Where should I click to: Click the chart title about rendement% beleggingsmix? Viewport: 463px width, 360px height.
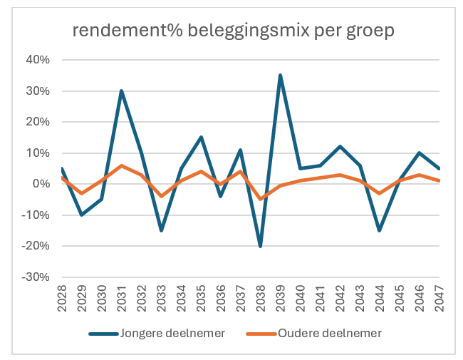pos(232,31)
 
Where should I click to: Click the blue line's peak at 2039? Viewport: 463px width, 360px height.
pos(281,75)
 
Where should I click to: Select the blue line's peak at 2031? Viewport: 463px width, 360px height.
pos(122,91)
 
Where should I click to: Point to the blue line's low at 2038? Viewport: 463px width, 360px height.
pos(261,246)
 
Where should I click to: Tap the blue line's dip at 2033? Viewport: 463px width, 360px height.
pos(162,230)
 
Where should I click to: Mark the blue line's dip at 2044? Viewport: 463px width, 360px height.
pos(380,230)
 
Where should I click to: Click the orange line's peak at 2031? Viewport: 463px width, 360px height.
pos(122,165)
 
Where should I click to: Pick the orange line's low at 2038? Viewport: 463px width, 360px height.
pos(261,199)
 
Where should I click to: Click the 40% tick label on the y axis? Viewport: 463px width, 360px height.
pos(36,60)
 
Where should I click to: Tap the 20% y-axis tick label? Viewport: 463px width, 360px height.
pos(36,122)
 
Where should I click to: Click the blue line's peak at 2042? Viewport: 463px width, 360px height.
pos(340,147)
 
